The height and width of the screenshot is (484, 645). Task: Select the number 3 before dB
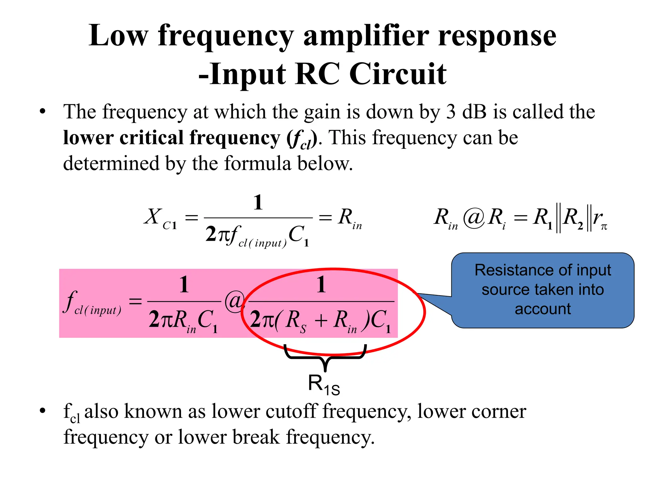coord(451,112)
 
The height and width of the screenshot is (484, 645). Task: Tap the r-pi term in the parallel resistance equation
coord(600,218)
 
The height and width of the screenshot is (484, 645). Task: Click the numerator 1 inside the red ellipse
coord(321,285)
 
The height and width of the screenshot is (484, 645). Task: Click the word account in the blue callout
coord(542,309)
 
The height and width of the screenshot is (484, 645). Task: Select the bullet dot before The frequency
coord(43,112)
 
